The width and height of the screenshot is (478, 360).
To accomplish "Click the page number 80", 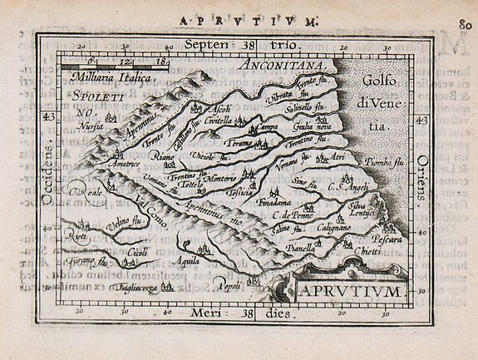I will tap(462, 10).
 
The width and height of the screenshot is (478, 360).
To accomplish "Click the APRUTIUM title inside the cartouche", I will tap(348, 291).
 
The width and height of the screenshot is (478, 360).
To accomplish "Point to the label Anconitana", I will tap(283, 63).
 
